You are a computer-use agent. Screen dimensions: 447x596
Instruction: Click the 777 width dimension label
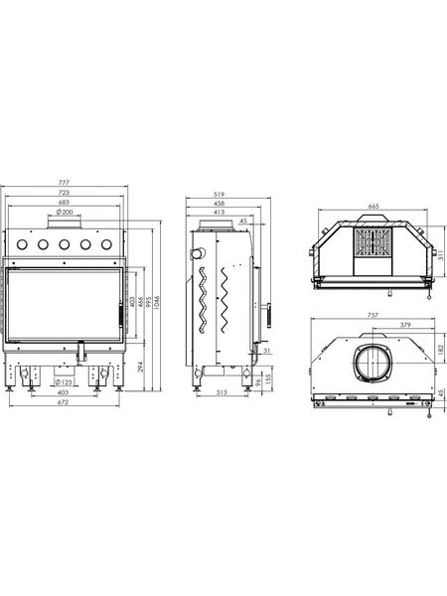(x=65, y=183)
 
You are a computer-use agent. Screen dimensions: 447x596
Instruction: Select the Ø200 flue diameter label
(x=65, y=212)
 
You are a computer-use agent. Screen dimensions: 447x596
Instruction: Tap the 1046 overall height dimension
(x=157, y=302)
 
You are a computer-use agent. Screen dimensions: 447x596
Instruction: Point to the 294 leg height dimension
(x=140, y=367)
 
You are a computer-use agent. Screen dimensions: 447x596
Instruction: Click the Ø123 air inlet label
(x=64, y=381)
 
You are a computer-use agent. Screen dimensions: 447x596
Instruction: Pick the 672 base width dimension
(x=64, y=401)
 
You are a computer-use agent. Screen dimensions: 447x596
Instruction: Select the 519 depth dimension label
(x=220, y=195)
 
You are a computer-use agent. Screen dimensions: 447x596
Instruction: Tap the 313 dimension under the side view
(x=222, y=392)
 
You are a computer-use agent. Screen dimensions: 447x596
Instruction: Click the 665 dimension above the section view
(x=373, y=206)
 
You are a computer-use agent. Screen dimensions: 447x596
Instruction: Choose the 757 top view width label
(x=373, y=315)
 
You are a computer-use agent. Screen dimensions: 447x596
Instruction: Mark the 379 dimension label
(x=405, y=325)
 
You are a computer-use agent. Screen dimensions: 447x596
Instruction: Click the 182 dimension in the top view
(x=440, y=350)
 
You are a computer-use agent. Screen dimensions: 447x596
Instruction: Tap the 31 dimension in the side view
(x=266, y=351)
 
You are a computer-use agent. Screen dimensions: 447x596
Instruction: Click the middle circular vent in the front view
(x=64, y=244)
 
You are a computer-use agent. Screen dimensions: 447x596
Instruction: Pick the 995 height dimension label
(x=149, y=301)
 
